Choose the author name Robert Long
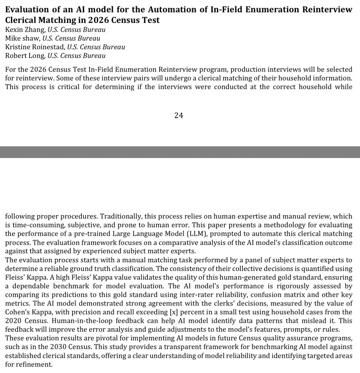coord(25,56)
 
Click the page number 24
coord(179,115)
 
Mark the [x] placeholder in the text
coord(171,312)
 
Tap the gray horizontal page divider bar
coord(180,152)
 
